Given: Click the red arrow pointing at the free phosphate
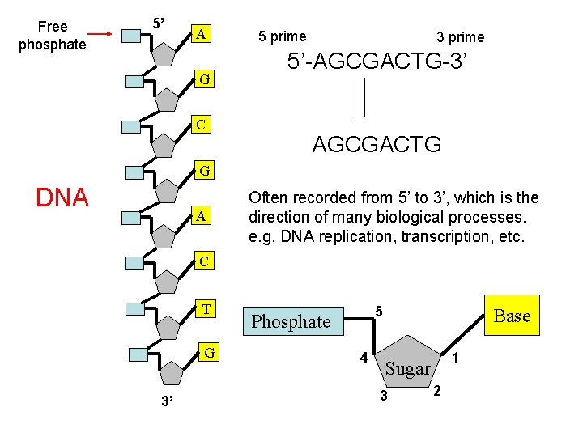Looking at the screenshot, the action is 100,34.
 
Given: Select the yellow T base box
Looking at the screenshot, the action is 206,309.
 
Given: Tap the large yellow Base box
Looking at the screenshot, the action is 512,316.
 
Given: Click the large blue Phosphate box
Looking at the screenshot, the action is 293,321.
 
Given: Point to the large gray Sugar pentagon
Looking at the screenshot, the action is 407,363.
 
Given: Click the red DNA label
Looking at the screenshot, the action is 62,197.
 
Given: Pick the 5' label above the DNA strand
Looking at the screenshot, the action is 159,23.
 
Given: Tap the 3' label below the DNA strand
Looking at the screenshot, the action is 168,401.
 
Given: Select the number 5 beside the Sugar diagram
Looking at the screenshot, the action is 379,312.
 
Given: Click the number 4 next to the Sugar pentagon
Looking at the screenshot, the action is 364,358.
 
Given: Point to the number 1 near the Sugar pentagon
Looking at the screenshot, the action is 455,358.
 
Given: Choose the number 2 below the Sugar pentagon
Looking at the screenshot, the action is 437,391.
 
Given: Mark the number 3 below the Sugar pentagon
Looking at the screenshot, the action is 384,396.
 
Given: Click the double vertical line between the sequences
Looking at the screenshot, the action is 360,97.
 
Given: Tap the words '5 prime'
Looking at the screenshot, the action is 283,36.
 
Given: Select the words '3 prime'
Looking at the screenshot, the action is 461,37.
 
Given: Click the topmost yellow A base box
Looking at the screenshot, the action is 201,34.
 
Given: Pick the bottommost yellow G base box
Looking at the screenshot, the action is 209,352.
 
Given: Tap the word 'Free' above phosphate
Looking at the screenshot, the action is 53,27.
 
